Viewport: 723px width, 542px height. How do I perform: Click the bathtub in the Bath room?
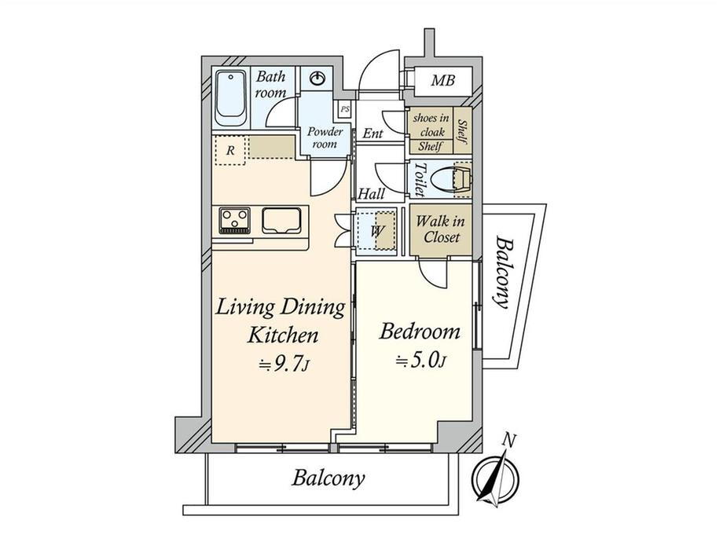230,98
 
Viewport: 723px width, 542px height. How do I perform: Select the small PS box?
345,110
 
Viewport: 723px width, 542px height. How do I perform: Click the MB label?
442,81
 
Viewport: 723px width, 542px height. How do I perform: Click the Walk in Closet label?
441,229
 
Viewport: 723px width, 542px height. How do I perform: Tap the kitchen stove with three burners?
235,221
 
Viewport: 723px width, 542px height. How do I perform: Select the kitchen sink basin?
281,221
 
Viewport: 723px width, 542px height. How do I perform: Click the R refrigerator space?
231,150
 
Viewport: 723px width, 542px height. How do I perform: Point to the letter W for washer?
376,231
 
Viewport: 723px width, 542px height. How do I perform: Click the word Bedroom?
420,331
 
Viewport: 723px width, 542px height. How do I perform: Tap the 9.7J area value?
284,364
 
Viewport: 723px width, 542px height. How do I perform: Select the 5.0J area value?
421,361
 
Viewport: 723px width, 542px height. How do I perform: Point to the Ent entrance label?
373,134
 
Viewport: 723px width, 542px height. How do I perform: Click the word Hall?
371,193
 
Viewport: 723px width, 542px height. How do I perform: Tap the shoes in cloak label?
431,124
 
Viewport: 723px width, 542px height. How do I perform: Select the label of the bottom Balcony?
328,478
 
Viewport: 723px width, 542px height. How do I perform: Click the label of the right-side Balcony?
503,272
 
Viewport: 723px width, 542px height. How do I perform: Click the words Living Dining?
281,307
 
